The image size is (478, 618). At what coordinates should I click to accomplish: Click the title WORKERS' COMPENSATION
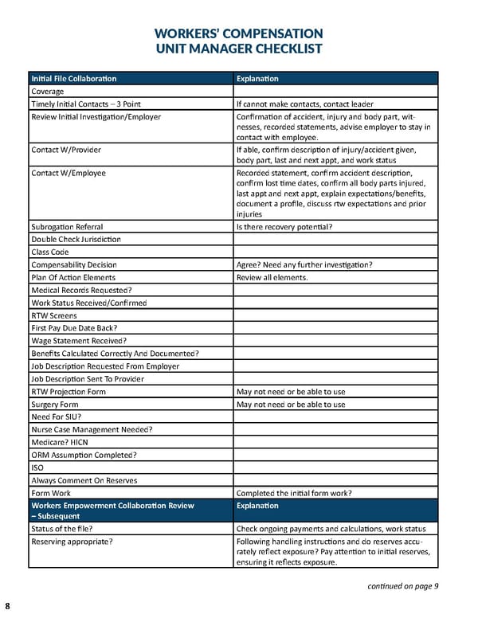click(x=239, y=33)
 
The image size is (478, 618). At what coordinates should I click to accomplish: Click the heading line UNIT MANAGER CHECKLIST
click(x=239, y=49)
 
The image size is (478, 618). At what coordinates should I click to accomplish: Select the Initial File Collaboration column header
click(x=73, y=78)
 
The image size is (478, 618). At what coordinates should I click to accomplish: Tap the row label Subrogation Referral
click(x=67, y=227)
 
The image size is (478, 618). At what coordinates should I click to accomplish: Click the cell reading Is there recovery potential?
click(x=284, y=227)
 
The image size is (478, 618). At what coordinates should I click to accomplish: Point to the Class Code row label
click(x=50, y=252)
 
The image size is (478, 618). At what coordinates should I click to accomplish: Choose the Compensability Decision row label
click(x=74, y=264)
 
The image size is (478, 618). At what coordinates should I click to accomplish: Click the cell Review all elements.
click(x=272, y=277)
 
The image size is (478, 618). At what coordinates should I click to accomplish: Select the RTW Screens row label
click(x=54, y=315)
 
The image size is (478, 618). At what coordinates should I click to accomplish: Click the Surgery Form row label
click(x=55, y=405)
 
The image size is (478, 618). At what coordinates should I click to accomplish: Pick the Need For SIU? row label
click(x=57, y=417)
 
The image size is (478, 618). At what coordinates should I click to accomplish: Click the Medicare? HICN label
click(x=61, y=443)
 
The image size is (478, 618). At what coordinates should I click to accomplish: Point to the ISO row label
click(x=37, y=468)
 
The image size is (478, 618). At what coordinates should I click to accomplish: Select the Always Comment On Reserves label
click(x=84, y=481)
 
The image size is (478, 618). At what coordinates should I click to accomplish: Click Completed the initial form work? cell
click(x=294, y=493)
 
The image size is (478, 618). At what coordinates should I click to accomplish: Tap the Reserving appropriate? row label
click(x=72, y=542)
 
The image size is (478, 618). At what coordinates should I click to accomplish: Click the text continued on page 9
click(x=403, y=587)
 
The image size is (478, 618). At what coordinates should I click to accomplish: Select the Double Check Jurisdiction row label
click(x=76, y=240)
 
